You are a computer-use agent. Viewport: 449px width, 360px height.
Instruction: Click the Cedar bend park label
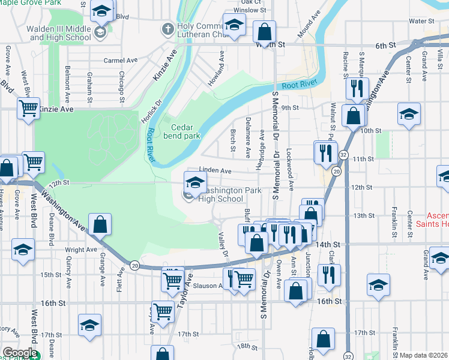click(185, 131)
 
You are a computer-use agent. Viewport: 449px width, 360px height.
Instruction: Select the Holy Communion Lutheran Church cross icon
click(168, 28)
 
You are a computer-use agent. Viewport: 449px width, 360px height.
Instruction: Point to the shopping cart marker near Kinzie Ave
click(28, 109)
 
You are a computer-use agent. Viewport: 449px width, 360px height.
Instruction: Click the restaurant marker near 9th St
click(357, 88)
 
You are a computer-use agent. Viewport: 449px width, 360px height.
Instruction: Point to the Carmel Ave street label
click(120, 61)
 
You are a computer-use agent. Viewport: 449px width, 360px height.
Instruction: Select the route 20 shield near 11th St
click(337, 172)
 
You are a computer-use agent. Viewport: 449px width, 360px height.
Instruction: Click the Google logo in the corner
click(20, 353)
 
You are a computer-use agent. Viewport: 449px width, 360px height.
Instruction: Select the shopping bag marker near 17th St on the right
click(323, 338)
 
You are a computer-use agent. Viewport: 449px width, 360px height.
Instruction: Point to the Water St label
click(421, 21)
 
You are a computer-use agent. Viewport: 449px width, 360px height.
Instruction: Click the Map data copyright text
click(424, 355)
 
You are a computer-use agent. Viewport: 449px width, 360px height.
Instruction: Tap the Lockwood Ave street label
click(290, 170)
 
